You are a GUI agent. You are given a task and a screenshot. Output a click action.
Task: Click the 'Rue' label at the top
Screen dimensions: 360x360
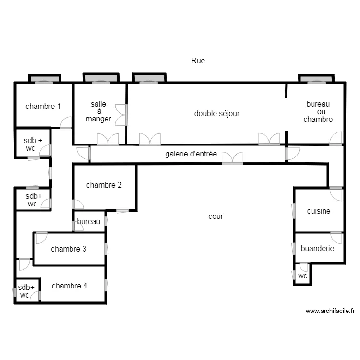click(198, 60)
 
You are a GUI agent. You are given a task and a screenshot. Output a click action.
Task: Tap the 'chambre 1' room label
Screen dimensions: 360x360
click(43, 106)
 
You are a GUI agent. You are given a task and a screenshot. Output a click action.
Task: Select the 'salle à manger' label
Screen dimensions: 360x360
click(98, 111)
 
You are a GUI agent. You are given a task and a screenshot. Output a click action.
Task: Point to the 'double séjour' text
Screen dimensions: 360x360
click(216, 114)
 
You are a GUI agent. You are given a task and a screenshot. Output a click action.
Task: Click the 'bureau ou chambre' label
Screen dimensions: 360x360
click(318, 111)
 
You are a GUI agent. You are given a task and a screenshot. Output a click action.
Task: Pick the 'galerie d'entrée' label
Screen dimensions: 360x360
click(191, 154)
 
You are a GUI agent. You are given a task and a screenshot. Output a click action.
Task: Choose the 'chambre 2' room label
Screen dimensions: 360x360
click(104, 185)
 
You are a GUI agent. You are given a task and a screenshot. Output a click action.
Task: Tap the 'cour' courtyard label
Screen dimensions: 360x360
click(216, 216)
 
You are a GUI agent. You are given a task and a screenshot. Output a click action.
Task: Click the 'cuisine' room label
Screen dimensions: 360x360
click(319, 211)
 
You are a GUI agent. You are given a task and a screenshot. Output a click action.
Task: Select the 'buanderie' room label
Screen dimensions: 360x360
click(317, 249)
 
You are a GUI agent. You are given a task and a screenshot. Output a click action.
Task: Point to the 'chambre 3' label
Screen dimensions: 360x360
click(69, 249)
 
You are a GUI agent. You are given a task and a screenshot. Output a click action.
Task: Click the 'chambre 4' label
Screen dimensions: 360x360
click(70, 286)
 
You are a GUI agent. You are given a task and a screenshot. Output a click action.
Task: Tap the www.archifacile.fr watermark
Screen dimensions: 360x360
click(330, 311)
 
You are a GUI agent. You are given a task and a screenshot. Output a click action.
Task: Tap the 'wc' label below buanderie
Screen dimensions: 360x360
click(302, 276)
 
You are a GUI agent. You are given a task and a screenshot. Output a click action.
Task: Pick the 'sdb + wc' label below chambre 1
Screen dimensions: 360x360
click(33, 144)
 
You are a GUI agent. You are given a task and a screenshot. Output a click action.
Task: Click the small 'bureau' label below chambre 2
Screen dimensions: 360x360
click(89, 222)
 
